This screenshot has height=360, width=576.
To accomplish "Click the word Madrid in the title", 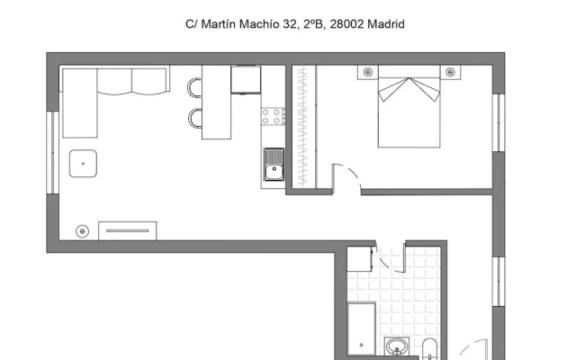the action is click(x=386, y=24).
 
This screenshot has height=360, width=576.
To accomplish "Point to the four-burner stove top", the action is click(x=273, y=116).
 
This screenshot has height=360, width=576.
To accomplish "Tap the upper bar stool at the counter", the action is click(x=194, y=88).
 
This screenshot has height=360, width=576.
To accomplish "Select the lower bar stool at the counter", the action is click(x=195, y=118).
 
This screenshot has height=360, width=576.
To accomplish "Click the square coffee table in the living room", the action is click(x=83, y=164).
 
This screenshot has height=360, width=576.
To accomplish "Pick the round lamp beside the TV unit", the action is click(x=82, y=231).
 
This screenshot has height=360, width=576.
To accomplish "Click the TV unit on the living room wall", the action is click(x=128, y=231).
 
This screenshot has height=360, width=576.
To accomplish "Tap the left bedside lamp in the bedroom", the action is click(x=368, y=72).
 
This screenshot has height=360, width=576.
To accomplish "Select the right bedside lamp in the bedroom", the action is click(x=450, y=72).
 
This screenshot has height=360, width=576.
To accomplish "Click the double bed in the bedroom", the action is click(x=409, y=106).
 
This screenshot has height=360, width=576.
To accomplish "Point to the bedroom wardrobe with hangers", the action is click(x=304, y=126).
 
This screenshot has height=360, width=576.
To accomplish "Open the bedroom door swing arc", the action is click(x=354, y=175).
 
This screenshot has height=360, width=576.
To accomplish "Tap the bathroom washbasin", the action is click(x=397, y=346).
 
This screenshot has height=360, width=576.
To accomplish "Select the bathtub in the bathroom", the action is click(x=362, y=328).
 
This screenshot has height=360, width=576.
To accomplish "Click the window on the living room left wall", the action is click(x=52, y=152).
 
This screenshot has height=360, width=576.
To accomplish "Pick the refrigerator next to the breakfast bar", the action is click(x=246, y=80).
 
